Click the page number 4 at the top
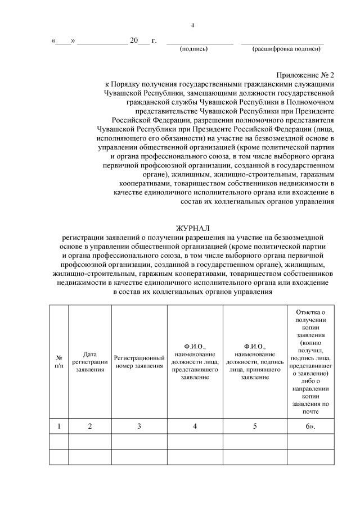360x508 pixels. click(193, 25)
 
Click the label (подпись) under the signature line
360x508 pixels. click(193, 49)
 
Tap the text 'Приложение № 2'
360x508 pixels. click(305, 75)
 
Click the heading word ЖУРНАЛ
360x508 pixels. click(193, 228)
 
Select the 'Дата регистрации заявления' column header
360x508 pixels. click(90, 361)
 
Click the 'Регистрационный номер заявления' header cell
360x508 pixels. click(139, 361)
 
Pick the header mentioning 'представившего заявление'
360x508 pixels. click(195, 361)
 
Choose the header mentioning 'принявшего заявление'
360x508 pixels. click(255, 361)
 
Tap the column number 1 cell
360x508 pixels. click(59, 426)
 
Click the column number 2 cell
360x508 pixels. click(90, 426)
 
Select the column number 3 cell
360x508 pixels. click(139, 426)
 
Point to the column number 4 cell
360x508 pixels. click(195, 426)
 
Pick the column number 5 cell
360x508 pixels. click(255, 426)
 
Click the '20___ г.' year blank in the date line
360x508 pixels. click(143, 41)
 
